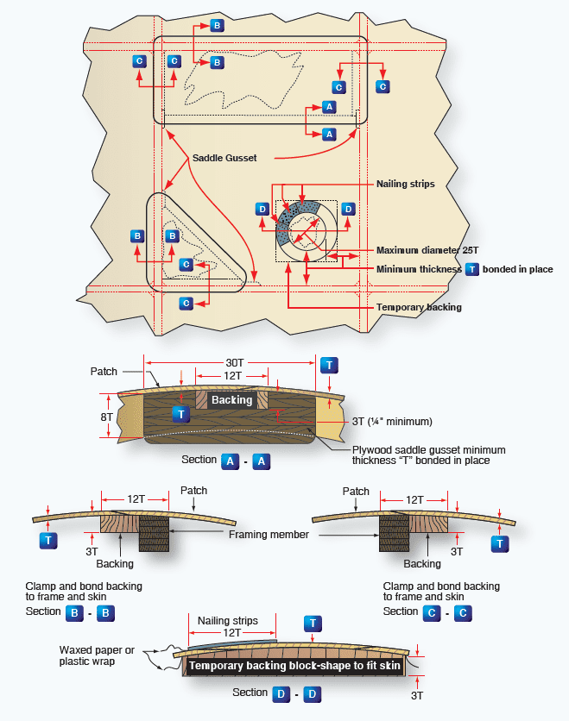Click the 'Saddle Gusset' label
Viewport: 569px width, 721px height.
(x=224, y=158)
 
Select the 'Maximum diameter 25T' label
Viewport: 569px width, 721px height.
(x=427, y=250)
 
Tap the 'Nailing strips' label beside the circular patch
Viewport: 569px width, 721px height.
(x=405, y=184)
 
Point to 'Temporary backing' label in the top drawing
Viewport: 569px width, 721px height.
(x=419, y=307)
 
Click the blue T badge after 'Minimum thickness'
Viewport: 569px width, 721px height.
(x=471, y=269)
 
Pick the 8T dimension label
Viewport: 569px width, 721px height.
(x=107, y=416)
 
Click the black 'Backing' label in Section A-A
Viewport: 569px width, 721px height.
(x=231, y=400)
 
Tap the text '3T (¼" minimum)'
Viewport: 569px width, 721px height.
(x=393, y=422)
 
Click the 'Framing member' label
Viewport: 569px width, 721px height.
(x=269, y=535)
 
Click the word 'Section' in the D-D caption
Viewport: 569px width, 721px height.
(x=250, y=693)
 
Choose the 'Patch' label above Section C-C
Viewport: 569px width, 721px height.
(x=356, y=492)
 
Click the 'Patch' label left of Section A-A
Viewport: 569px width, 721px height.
(x=104, y=372)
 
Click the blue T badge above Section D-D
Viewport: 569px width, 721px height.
(x=312, y=623)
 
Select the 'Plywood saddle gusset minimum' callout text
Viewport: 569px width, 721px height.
(x=428, y=449)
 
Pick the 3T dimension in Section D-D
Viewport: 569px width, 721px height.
(x=417, y=694)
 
